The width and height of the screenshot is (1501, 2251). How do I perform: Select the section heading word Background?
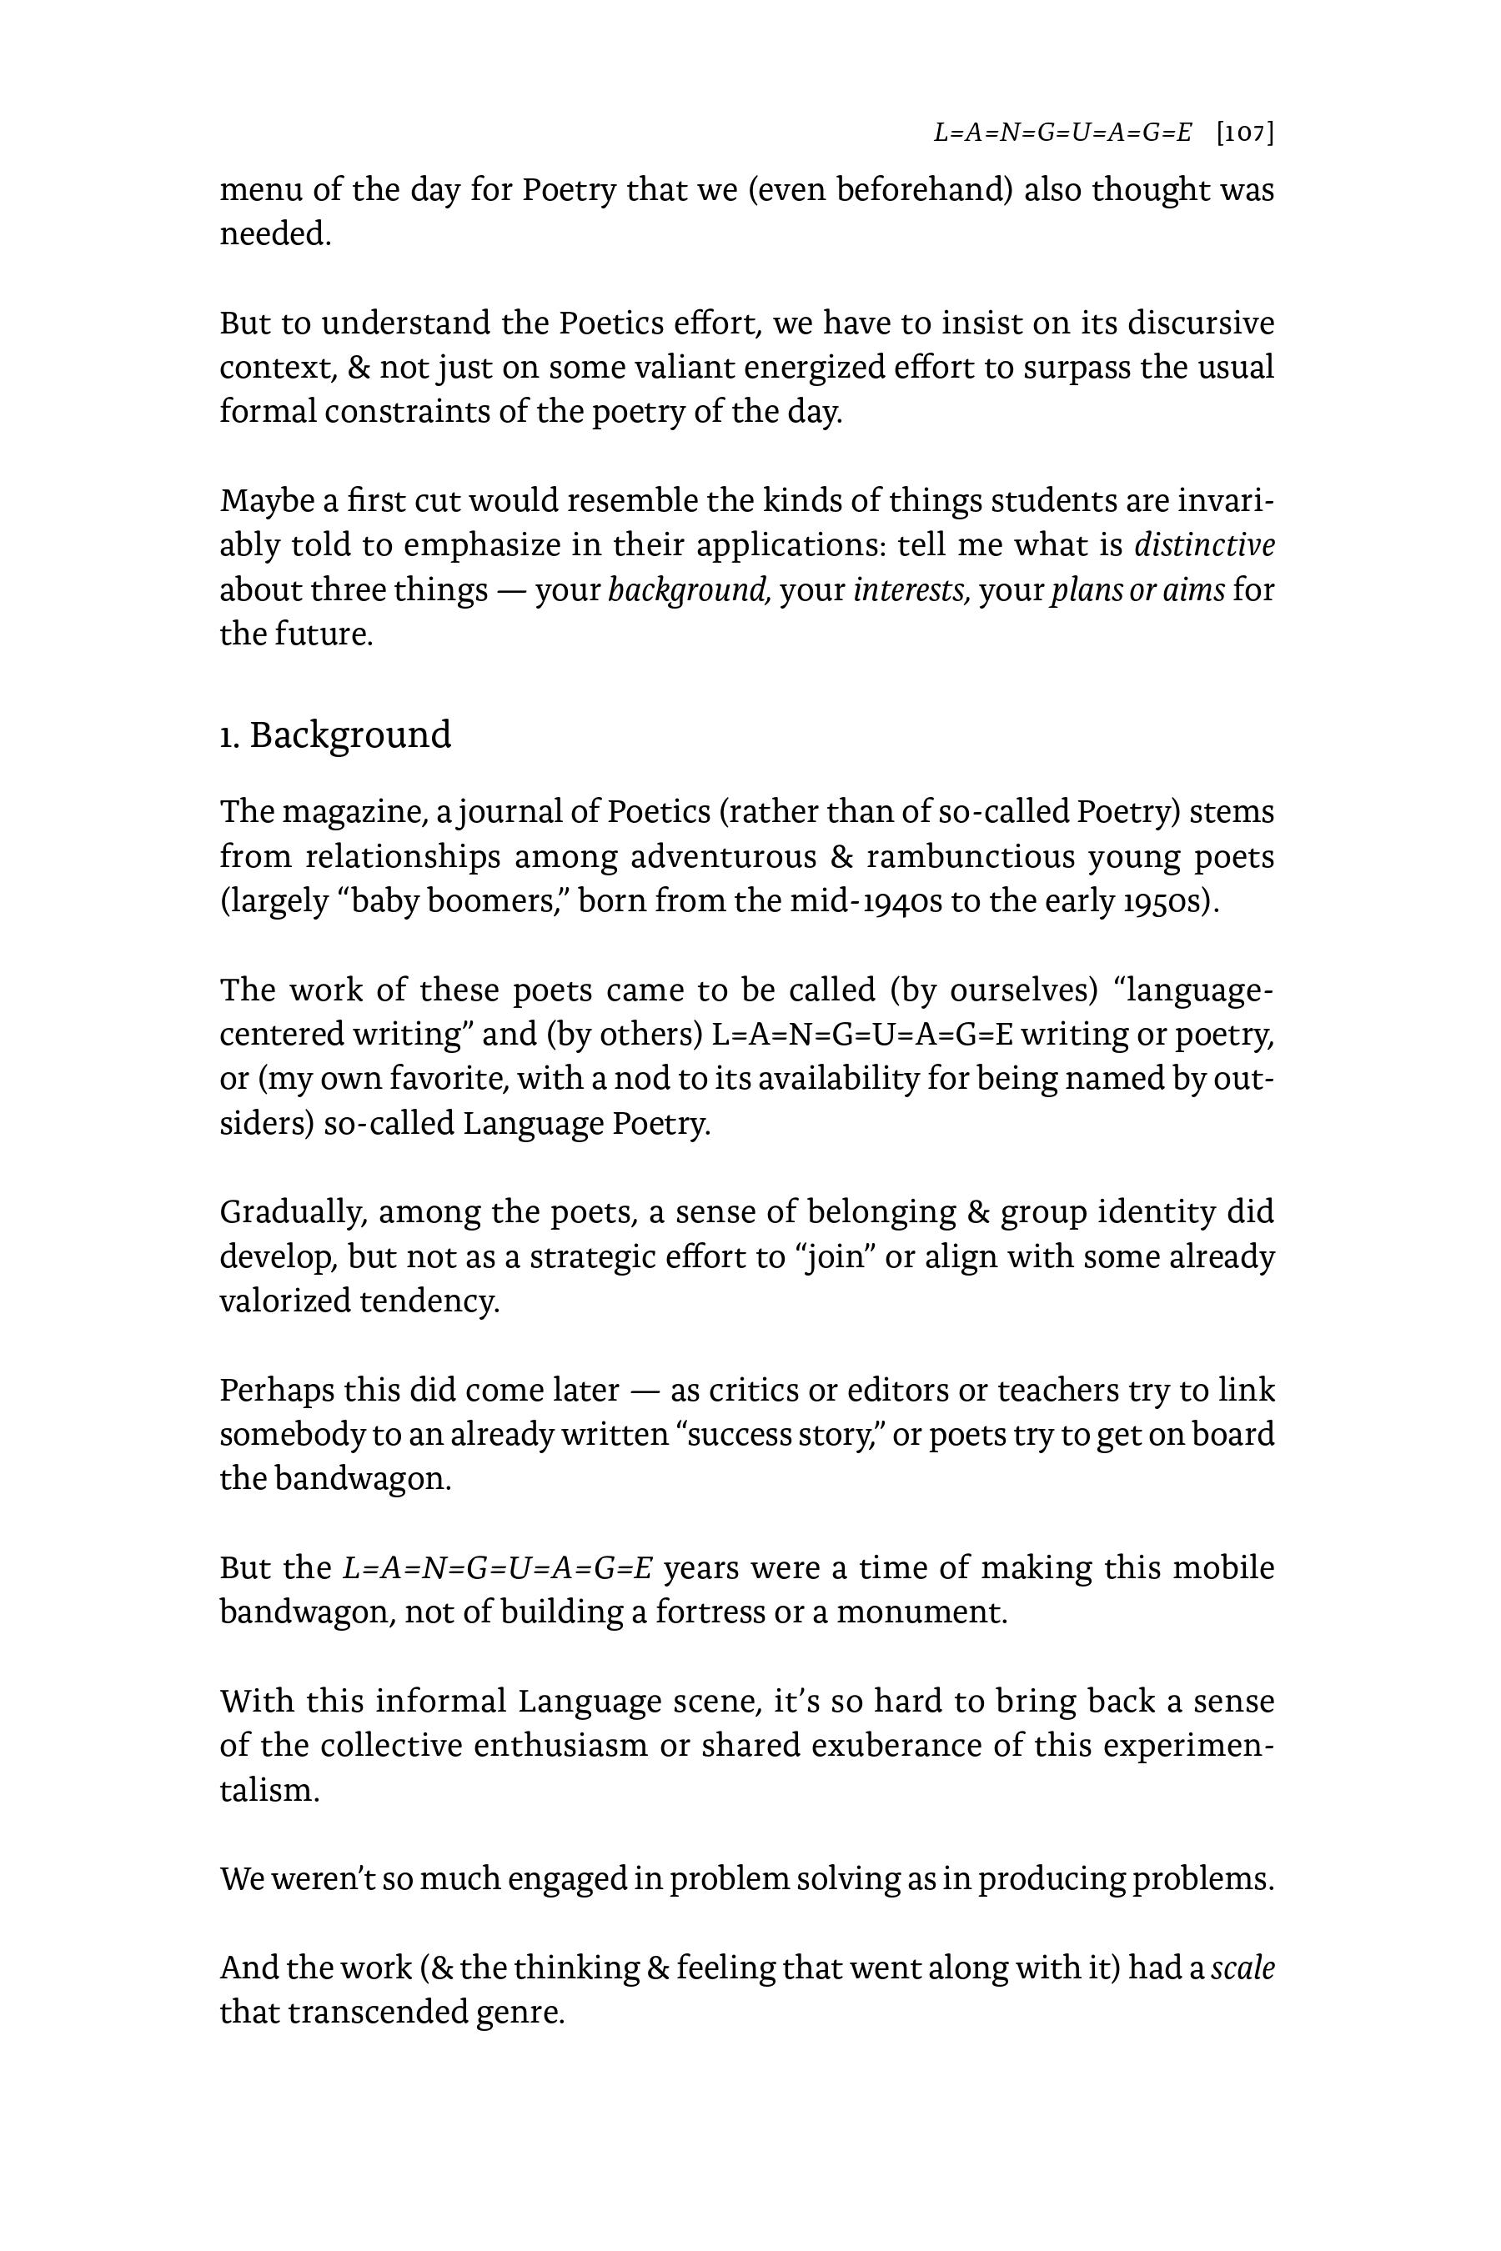click(x=350, y=735)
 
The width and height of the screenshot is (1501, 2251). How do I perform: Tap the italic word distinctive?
click(x=1204, y=545)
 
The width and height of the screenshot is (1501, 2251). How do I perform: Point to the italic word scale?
click(x=1242, y=1968)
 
